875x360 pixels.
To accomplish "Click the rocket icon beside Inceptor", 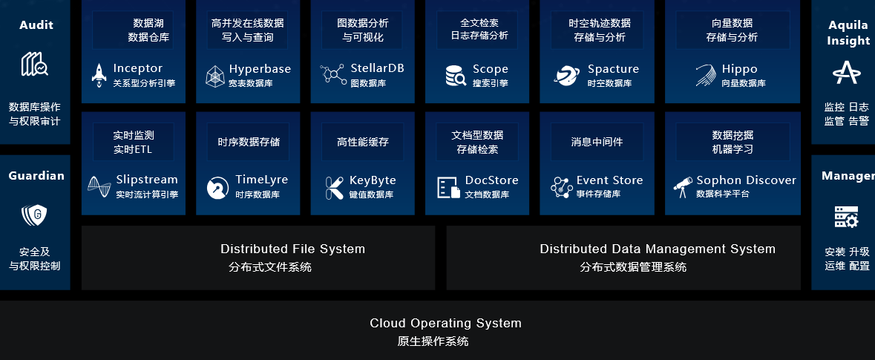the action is pos(99,76).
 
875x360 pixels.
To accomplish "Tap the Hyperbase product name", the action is pos(260,69).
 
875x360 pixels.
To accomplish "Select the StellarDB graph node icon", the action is pos(333,74).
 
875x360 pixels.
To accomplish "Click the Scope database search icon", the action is pos(456,76).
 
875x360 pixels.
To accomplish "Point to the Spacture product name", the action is pos(613,69).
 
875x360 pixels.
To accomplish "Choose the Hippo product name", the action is pos(739,69).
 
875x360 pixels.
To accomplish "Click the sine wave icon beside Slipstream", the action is pos(99,187).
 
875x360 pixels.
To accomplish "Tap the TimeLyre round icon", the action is pos(217,188).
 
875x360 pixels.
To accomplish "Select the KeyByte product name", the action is pos(373,180).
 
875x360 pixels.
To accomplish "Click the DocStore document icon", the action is pos(449,188).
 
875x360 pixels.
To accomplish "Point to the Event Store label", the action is pos(609,180).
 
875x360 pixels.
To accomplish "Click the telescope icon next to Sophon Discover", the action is pos(683,187).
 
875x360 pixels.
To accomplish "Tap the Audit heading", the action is pos(36,24).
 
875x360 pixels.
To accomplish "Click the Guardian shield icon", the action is pos(34,215).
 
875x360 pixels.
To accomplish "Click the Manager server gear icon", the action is pos(847,217).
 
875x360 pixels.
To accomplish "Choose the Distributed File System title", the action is pos(293,249).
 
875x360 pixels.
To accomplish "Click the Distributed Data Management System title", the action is pos(658,249).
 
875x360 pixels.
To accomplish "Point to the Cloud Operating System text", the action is pos(445,323).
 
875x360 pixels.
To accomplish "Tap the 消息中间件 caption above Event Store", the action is pos(597,142).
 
